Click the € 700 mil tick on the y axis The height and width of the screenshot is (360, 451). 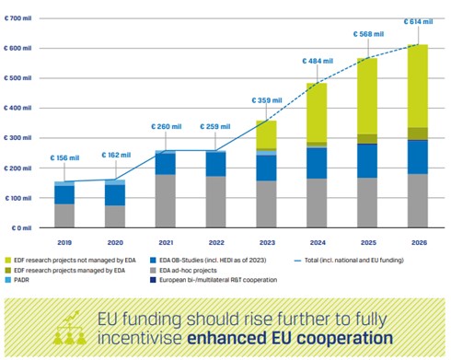click(x=17, y=17)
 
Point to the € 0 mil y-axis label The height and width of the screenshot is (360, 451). click(x=20, y=227)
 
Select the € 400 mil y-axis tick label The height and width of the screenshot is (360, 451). click(x=17, y=108)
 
